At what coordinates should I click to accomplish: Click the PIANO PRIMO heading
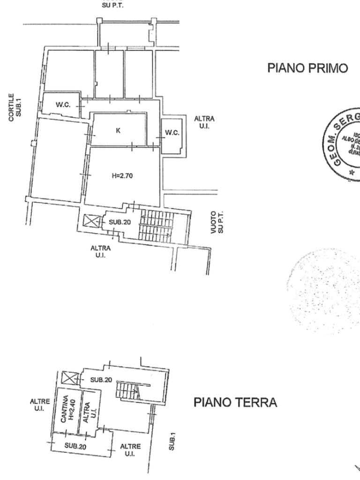coord(307,68)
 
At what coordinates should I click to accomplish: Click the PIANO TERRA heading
coord(235,402)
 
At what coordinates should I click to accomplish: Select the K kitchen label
coord(118,131)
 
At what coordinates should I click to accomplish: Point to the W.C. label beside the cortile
coord(63,105)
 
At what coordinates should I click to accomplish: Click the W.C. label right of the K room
coord(172,133)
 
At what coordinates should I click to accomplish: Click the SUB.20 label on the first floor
coord(120,222)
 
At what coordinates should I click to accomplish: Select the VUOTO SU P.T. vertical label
coord(217,222)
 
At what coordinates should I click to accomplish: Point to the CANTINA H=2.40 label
coord(68,408)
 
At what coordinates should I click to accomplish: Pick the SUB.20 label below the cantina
coord(75,446)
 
